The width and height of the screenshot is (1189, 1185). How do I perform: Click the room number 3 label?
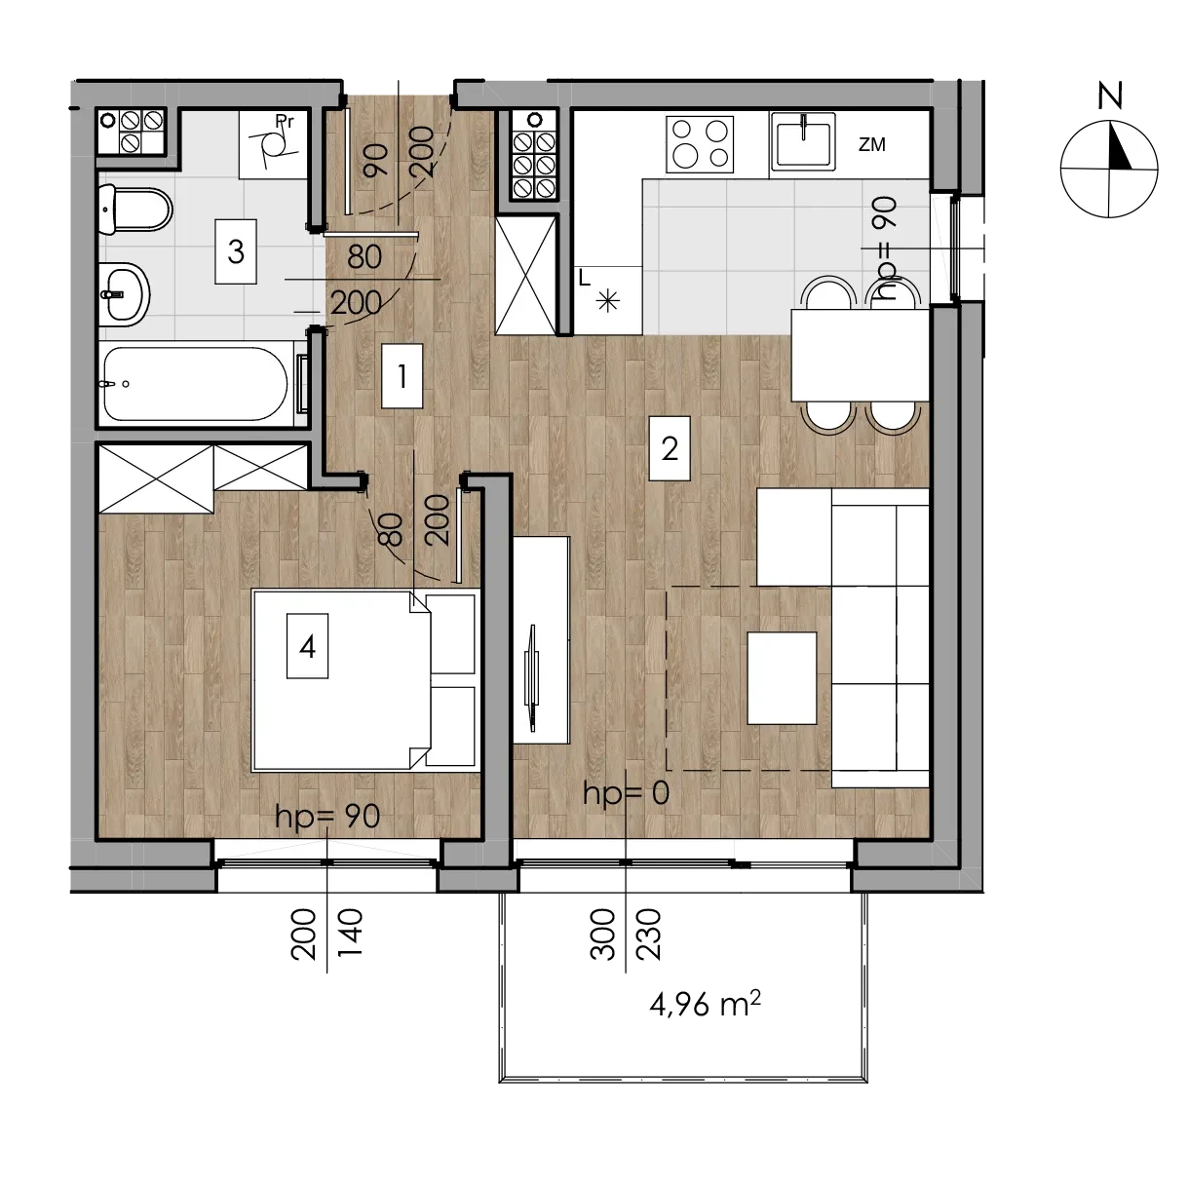pyautogui.click(x=236, y=251)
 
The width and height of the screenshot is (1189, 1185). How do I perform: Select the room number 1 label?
pyautogui.click(x=402, y=376)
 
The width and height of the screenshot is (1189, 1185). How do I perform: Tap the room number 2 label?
pyautogui.click(x=670, y=448)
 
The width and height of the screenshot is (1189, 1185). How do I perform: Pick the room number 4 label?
pyautogui.click(x=307, y=646)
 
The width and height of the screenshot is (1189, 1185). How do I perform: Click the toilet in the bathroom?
pyautogui.click(x=135, y=210)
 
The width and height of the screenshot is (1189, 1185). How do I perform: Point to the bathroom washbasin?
pyautogui.click(x=124, y=294)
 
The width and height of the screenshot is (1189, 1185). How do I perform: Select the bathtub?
pyautogui.click(x=196, y=384)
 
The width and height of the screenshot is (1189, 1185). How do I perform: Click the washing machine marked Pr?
pyautogui.click(x=273, y=145)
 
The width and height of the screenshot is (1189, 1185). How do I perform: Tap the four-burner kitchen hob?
pyautogui.click(x=700, y=144)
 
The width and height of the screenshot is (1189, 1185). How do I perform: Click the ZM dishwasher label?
pyautogui.click(x=872, y=144)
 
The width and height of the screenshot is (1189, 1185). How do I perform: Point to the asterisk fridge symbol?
pyautogui.click(x=608, y=302)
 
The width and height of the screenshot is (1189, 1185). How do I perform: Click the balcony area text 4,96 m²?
pyautogui.click(x=705, y=1004)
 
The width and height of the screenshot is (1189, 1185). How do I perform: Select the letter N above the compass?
pyautogui.click(x=1109, y=96)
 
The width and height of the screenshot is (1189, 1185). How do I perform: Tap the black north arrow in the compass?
pyautogui.click(x=1120, y=145)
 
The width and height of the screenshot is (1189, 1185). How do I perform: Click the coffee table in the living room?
pyautogui.click(x=782, y=677)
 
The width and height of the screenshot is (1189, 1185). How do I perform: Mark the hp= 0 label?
pyautogui.click(x=626, y=793)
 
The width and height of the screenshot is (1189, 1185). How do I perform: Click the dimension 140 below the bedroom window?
pyautogui.click(x=350, y=933)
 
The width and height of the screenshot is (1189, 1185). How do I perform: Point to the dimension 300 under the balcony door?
pyautogui.click(x=603, y=934)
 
